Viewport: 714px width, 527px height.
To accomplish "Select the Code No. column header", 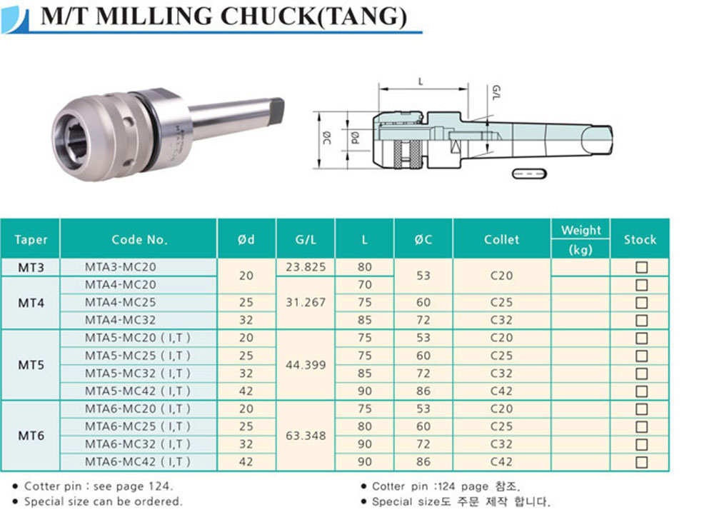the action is click(x=139, y=240).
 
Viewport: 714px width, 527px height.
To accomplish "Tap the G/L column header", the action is click(x=306, y=240).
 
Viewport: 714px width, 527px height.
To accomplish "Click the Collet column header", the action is click(x=501, y=240).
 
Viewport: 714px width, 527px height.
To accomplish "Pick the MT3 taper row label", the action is click(x=31, y=267).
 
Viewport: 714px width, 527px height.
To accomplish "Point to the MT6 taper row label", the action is click(x=31, y=436).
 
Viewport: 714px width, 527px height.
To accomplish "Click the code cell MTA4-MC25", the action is click(x=120, y=303).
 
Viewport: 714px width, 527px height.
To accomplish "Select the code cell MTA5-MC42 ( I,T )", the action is click(x=138, y=391).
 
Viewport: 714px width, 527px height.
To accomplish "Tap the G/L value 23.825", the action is click(x=306, y=267).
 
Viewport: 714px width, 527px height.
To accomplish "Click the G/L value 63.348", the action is click(x=306, y=436).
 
